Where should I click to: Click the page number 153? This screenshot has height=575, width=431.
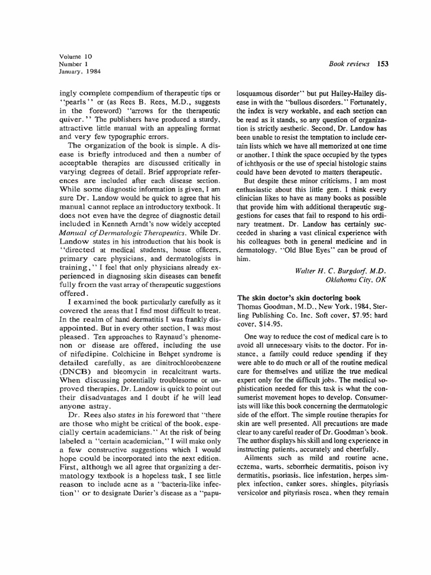tap(384, 63)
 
